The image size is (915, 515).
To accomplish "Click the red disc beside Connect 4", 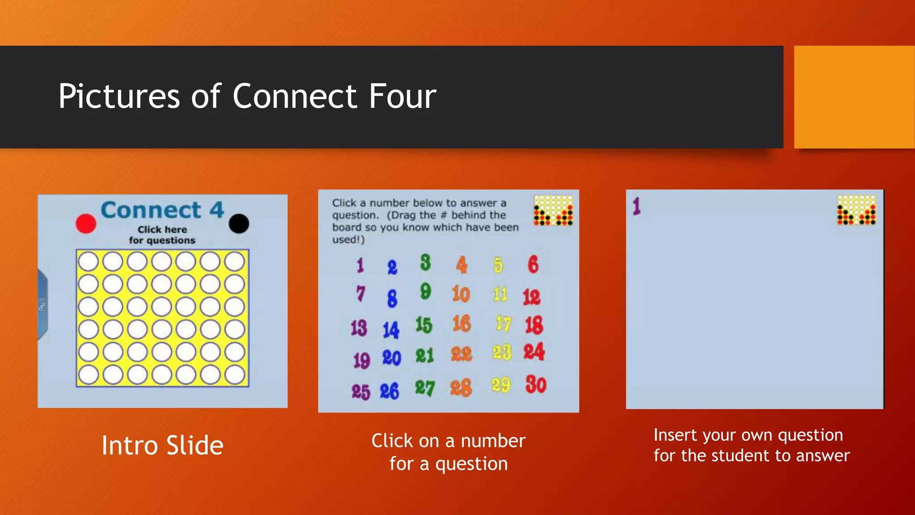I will (x=86, y=224).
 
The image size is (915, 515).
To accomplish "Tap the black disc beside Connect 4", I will (x=239, y=223).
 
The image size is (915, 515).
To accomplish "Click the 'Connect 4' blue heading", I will (x=162, y=210).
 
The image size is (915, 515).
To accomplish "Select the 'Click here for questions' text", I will (x=162, y=235).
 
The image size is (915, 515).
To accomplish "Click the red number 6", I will (x=533, y=264).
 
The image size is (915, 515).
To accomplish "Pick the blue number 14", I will (x=391, y=330).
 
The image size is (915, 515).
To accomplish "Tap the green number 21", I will (x=424, y=356).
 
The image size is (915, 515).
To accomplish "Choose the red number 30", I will (x=536, y=384).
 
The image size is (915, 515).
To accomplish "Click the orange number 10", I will (x=461, y=294).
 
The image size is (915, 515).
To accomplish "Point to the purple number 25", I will (x=361, y=392).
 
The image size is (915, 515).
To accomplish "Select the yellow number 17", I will (x=503, y=324).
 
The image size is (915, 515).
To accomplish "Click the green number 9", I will (x=425, y=291).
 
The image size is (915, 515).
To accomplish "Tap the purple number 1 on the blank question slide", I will (x=637, y=206).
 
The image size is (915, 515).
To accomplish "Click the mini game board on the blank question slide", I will (x=856, y=210).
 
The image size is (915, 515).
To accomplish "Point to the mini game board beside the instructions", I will (x=553, y=210).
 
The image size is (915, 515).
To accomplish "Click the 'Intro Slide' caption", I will (x=162, y=445).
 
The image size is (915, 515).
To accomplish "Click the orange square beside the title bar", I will (x=854, y=97).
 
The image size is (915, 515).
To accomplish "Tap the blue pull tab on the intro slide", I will (x=42, y=304).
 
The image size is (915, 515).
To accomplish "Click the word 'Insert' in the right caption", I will (x=675, y=435).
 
